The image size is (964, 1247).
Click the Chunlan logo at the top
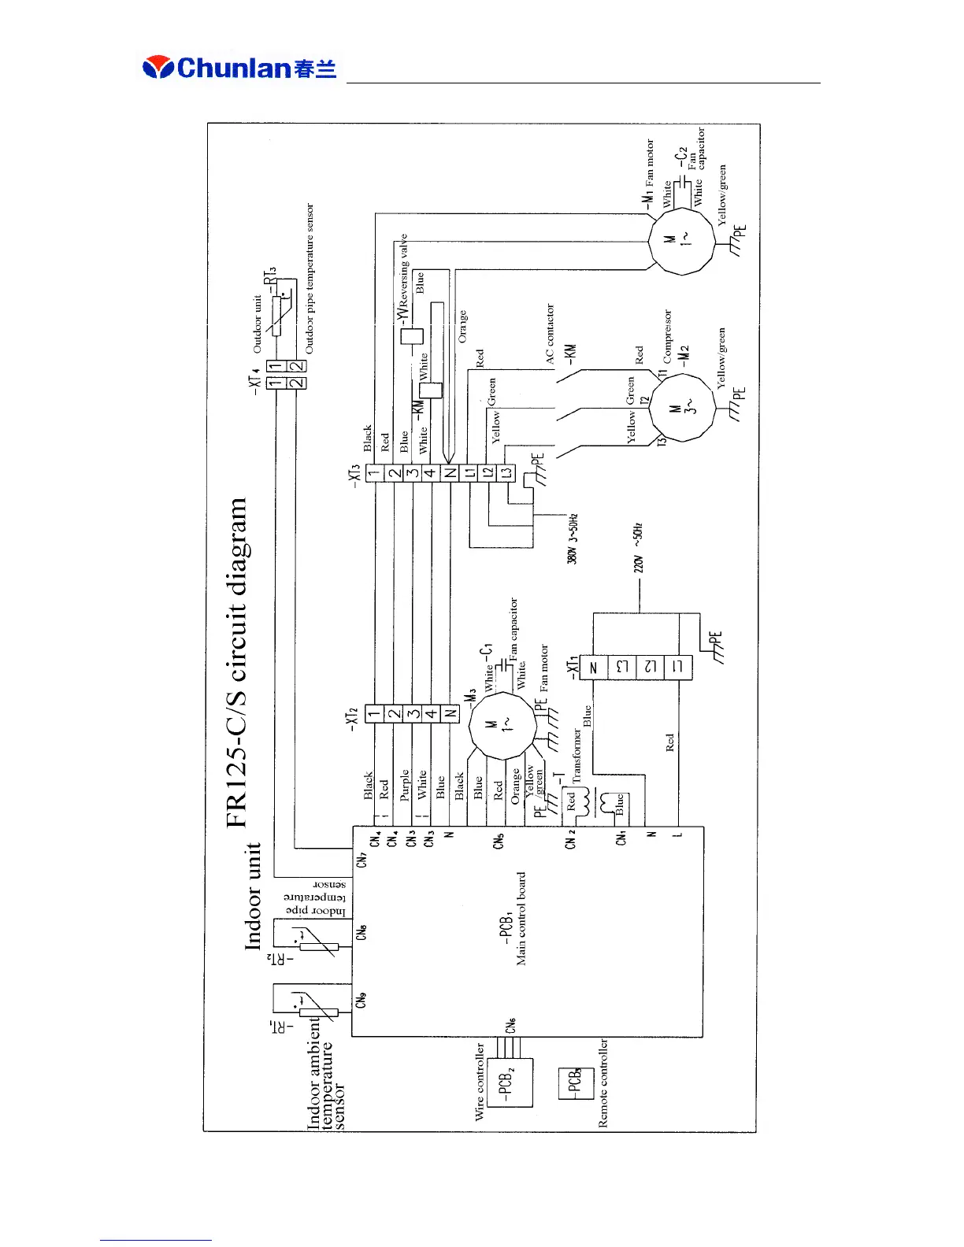(x=239, y=68)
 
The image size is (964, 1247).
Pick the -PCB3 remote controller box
(x=576, y=1084)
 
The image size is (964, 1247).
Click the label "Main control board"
(x=521, y=918)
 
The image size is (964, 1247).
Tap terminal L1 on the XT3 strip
(x=469, y=473)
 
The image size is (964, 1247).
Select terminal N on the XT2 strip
(x=450, y=714)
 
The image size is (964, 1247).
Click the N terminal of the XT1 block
(x=594, y=668)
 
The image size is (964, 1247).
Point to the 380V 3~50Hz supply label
(x=573, y=538)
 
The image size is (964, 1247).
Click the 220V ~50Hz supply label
(x=639, y=547)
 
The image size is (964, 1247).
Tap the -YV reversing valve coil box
(x=413, y=336)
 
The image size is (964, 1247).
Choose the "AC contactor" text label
(x=550, y=333)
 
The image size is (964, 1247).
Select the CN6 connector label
(x=511, y=1025)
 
